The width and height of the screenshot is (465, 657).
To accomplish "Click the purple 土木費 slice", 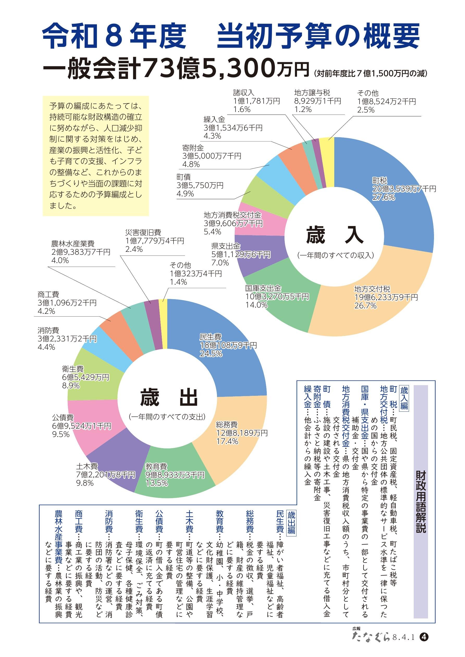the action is [117, 464].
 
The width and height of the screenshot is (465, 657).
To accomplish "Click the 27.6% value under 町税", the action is [383, 197].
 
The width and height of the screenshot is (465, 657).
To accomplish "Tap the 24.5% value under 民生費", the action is [211, 354].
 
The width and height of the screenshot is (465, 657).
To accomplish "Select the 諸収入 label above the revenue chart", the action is [244, 93].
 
